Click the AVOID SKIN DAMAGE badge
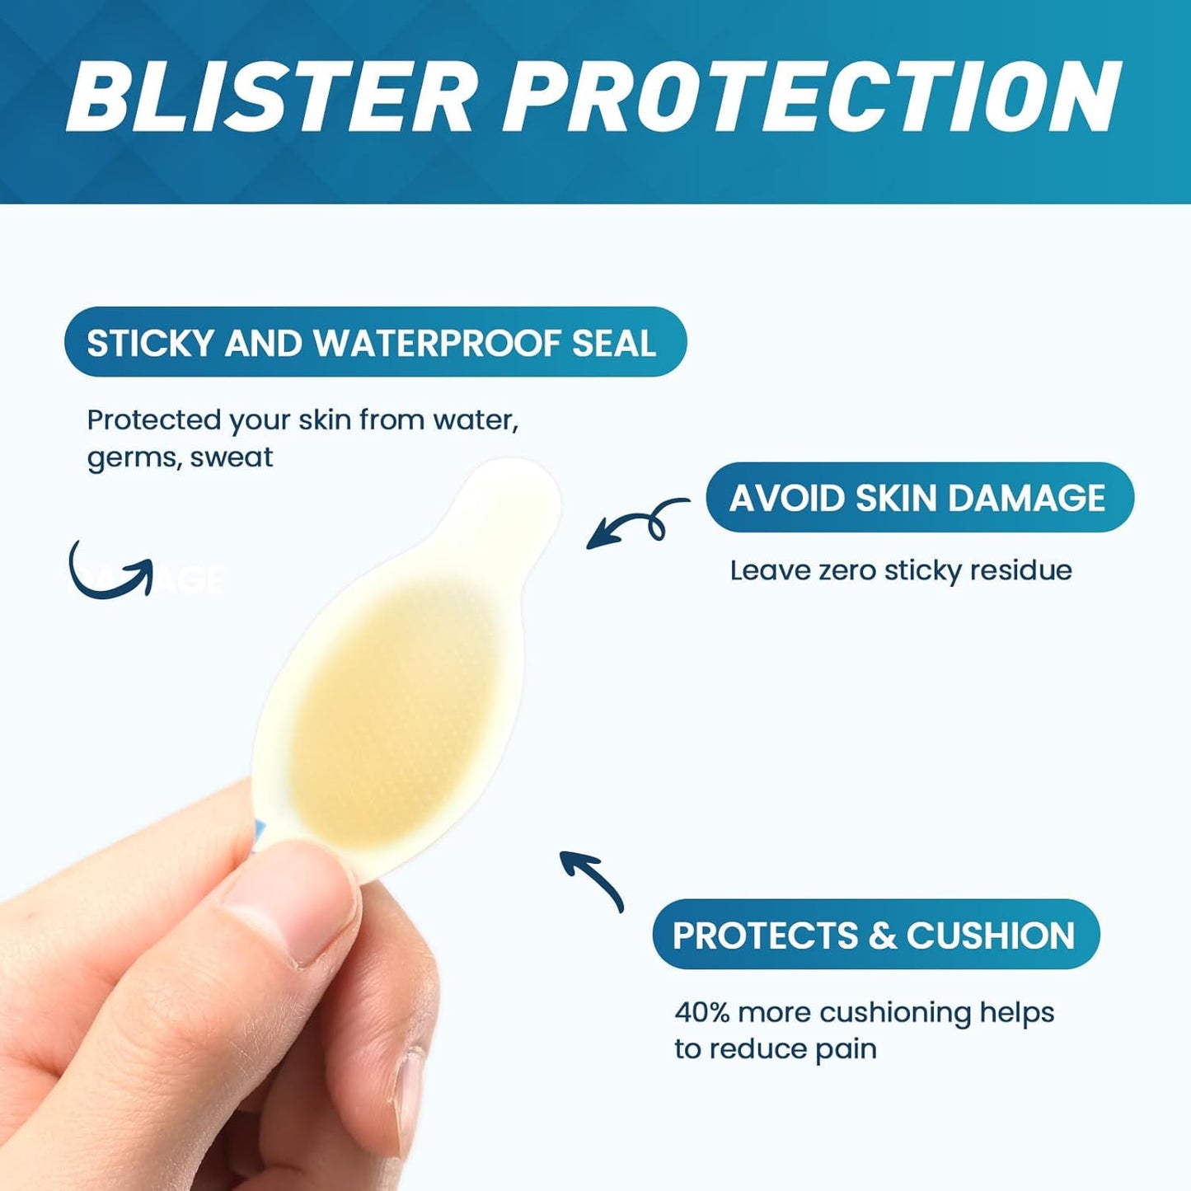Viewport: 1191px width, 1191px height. (x=919, y=498)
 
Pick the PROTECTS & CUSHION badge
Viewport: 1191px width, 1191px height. (x=875, y=935)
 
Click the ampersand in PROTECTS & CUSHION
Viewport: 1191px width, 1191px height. (x=882, y=935)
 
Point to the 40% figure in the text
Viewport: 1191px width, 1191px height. (x=701, y=1012)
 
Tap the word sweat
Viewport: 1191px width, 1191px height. (x=232, y=457)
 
